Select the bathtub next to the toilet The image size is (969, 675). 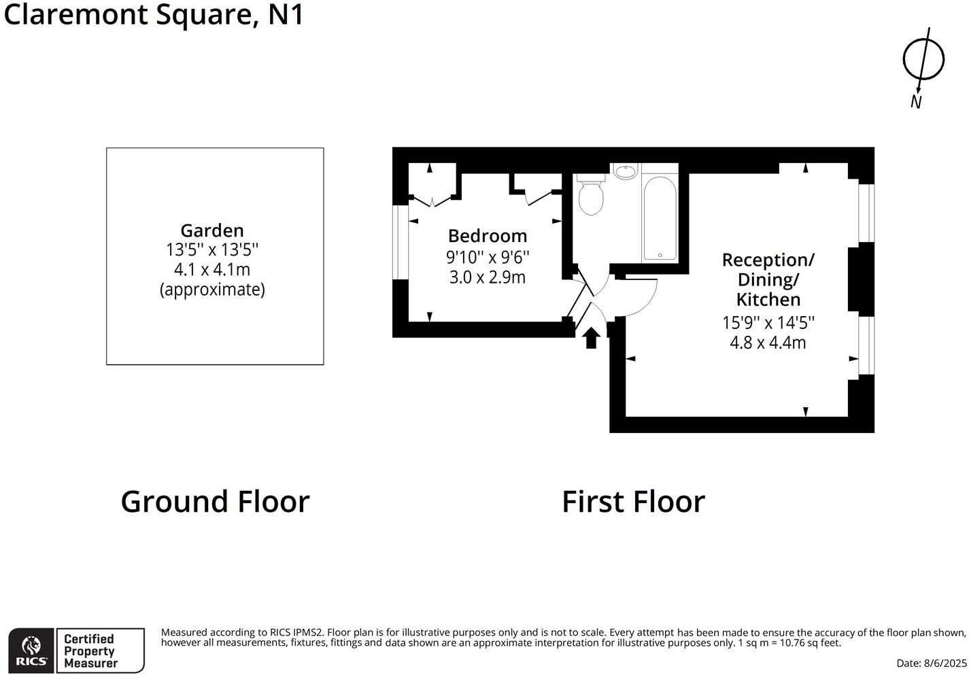pyautogui.click(x=659, y=218)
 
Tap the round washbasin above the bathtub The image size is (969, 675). pyautogui.click(x=626, y=171)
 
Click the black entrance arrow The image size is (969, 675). pyautogui.click(x=591, y=337)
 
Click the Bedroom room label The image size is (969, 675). pyautogui.click(x=488, y=236)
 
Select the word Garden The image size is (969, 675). pyautogui.click(x=212, y=230)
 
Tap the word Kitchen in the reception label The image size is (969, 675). pyautogui.click(x=768, y=299)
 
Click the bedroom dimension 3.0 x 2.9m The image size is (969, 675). pyautogui.click(x=488, y=277)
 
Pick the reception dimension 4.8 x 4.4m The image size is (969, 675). pyautogui.click(x=768, y=343)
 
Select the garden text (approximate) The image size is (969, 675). pyautogui.click(x=212, y=290)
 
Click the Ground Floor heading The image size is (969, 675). pyautogui.click(x=215, y=502)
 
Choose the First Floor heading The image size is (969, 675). pyautogui.click(x=633, y=502)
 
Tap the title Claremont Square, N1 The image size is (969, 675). pyautogui.click(x=154, y=14)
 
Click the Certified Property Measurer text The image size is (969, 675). pyautogui.click(x=90, y=651)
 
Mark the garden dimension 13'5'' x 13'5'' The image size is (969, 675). pyautogui.click(x=212, y=250)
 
